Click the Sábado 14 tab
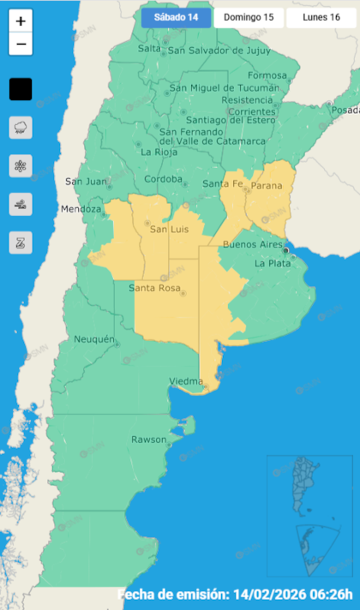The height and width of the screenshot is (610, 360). (176, 17)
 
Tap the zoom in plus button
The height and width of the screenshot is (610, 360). (21, 21)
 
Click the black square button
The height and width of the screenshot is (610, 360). (21, 89)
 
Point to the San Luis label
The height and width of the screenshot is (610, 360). (168, 229)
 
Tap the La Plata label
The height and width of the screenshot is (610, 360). (273, 264)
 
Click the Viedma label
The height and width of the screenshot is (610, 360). (186, 380)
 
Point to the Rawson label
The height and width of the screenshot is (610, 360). (148, 440)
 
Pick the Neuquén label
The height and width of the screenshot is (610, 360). (94, 339)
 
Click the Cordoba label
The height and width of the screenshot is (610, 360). (164, 180)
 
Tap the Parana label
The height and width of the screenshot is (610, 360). (266, 184)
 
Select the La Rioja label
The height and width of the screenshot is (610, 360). (159, 152)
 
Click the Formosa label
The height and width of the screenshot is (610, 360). (267, 75)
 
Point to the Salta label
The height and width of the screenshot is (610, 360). (149, 49)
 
